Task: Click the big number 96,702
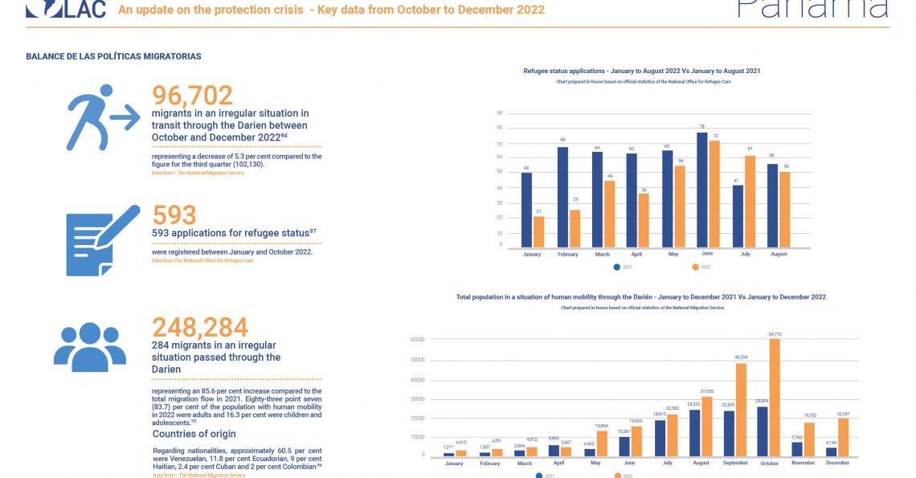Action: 192,96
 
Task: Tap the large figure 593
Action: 174,215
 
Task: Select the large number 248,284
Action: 200,327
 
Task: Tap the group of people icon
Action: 90,348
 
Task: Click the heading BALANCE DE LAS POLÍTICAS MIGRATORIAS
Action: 113,56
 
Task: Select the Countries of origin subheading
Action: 194,434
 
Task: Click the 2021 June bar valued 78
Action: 703,190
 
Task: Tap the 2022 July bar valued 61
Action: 750,201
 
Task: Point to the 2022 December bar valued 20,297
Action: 843,436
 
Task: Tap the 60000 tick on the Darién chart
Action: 417,339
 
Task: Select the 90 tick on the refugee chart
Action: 499,113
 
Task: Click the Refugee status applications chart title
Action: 641,71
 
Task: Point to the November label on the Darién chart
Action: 803,464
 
